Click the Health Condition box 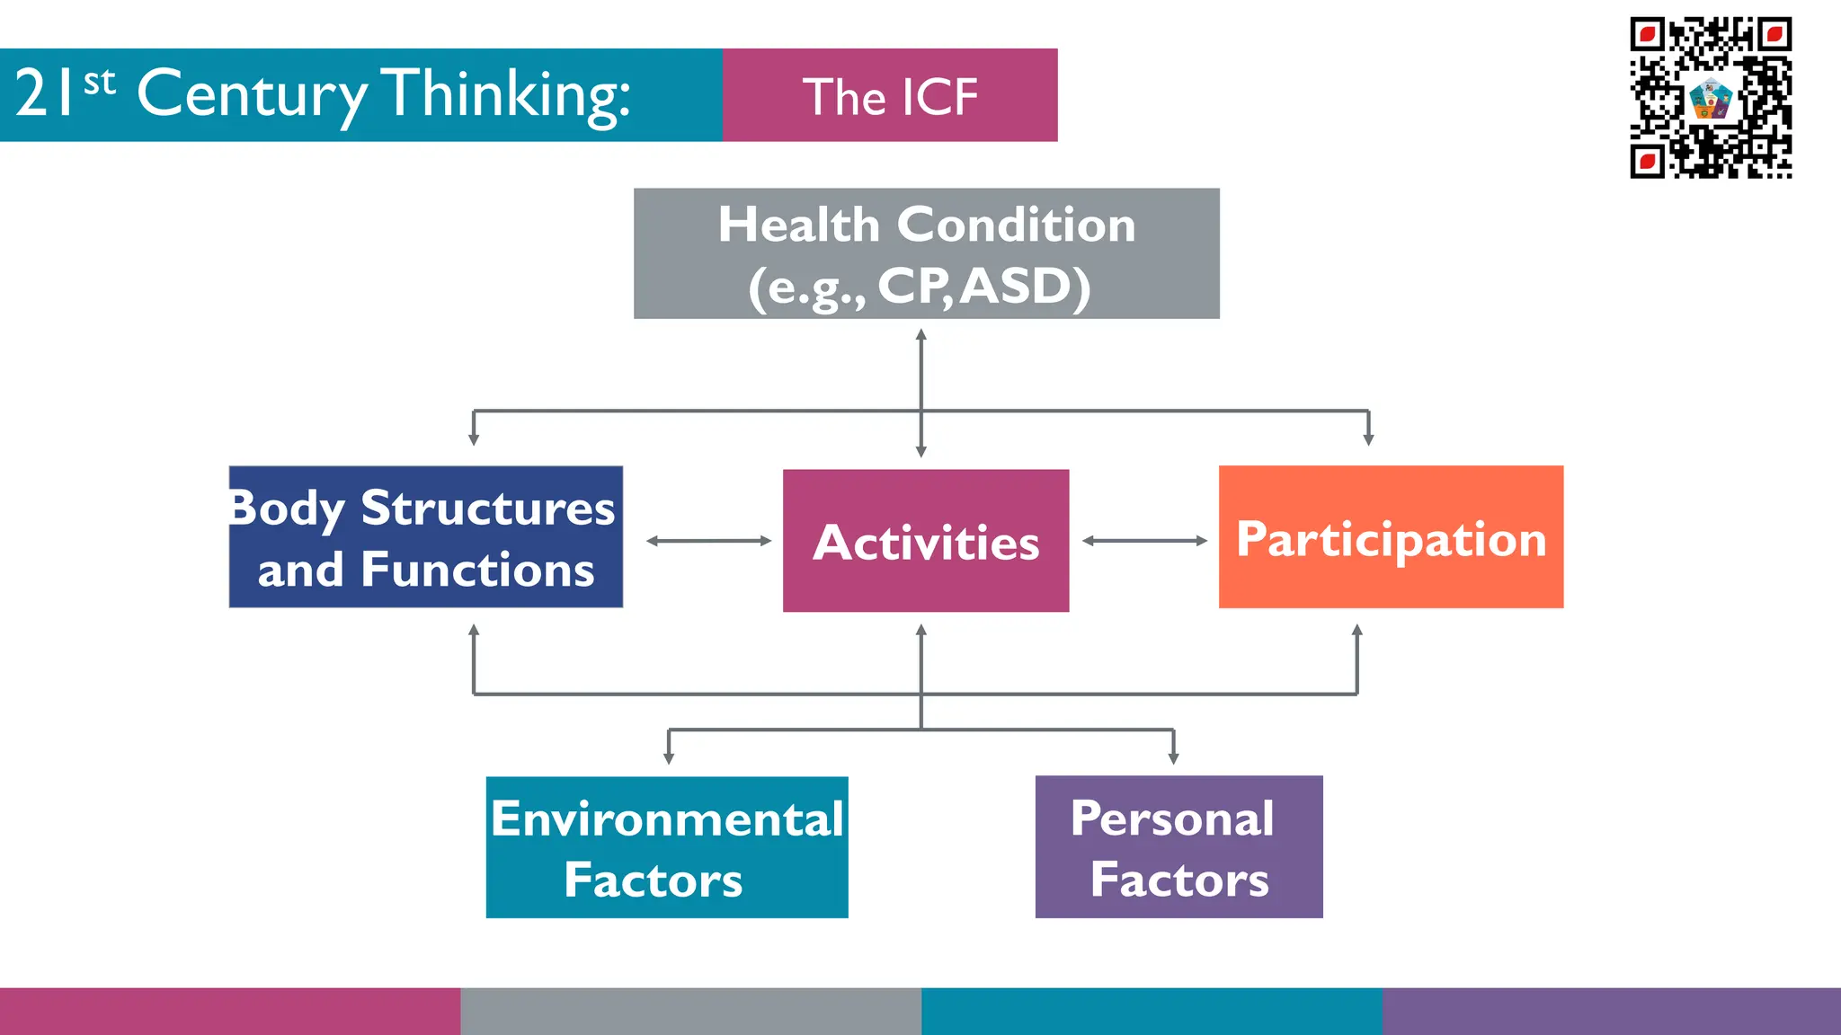tap(926, 253)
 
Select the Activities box tap(926, 541)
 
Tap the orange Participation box tap(1391, 537)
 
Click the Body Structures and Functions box tap(426, 537)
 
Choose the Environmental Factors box tap(667, 847)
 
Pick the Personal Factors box tap(1178, 847)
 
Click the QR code tap(1711, 97)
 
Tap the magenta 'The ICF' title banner tap(890, 95)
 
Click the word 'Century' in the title tap(252, 93)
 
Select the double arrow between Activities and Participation tap(1144, 541)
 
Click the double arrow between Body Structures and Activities tap(709, 541)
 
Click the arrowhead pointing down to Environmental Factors tap(669, 757)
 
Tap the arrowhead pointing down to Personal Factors tap(1173, 757)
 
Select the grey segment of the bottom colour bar tap(690, 1012)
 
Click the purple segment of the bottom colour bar tap(1611, 1012)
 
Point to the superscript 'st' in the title tap(100, 82)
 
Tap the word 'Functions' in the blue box tap(477, 570)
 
